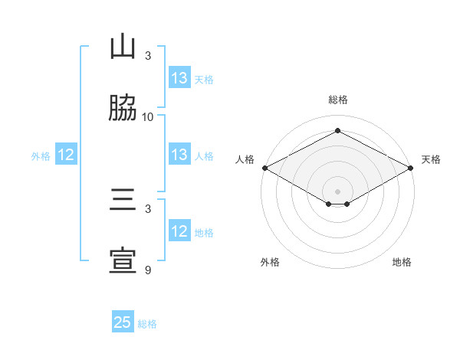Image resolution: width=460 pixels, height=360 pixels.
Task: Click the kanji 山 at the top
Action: pos(123,47)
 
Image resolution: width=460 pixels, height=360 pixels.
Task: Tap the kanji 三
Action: pos(123,201)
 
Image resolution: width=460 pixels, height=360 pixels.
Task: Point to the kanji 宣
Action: pos(123,262)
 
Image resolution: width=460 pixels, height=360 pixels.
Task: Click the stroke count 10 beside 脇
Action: pos(148,117)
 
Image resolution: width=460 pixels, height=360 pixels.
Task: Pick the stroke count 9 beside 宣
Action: pos(148,270)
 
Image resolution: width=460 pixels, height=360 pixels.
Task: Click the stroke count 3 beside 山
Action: pos(148,56)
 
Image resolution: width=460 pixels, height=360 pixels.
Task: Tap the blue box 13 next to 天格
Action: pos(179,78)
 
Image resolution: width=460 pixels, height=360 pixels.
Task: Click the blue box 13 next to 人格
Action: pos(179,155)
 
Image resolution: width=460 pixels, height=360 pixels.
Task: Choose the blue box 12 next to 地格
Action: pos(179,231)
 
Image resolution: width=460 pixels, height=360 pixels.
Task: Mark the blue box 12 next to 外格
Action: pos(66,155)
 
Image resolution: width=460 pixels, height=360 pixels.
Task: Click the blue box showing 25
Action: pos(123,322)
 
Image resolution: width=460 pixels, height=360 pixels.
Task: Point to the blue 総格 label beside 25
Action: pos(147,324)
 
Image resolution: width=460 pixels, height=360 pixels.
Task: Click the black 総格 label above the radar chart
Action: pos(337,100)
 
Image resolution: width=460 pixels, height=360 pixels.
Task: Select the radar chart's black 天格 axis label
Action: pos(431,159)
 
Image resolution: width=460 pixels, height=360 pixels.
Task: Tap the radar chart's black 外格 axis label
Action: pos(270,262)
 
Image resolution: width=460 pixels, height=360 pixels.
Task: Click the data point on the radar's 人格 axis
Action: pos(264,168)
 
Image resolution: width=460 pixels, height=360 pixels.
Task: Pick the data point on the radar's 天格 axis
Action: pos(411,168)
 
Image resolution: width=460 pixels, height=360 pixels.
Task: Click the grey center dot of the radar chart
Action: pos(337,190)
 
